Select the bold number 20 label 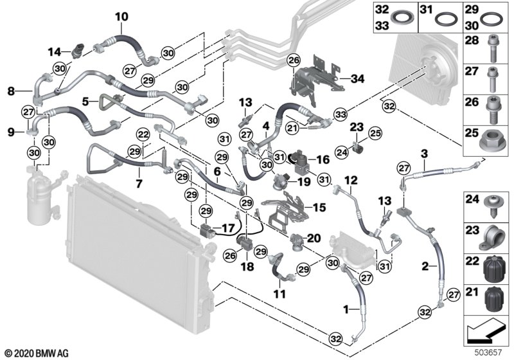pyautogui.click(x=314, y=238)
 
